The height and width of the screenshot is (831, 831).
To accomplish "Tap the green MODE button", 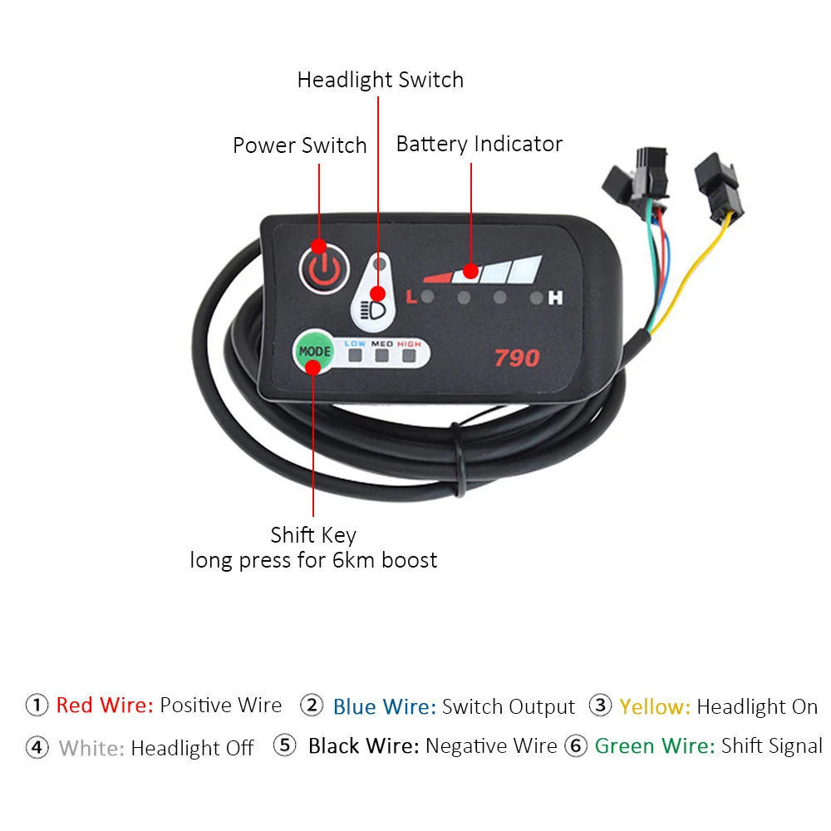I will pyautogui.click(x=313, y=352).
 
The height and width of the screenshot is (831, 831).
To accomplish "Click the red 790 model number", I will pyautogui.click(x=517, y=359).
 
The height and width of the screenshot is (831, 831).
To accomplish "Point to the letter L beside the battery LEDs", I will pyautogui.click(x=411, y=296).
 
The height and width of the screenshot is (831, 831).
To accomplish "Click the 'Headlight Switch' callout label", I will pyautogui.click(x=380, y=80).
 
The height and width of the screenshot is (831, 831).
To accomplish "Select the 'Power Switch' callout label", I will pyautogui.click(x=299, y=145).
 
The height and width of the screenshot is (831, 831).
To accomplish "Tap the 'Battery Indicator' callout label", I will pyautogui.click(x=479, y=144).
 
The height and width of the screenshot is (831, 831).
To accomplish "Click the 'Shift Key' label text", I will pyautogui.click(x=313, y=534).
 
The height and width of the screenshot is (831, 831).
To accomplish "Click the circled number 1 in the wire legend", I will pyautogui.click(x=37, y=706).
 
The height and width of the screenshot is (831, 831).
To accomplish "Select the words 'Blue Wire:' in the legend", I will pyautogui.click(x=384, y=707).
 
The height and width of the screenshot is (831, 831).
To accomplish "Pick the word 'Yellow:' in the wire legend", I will pyautogui.click(x=655, y=707).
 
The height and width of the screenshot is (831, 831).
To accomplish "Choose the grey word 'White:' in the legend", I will pyautogui.click(x=91, y=748).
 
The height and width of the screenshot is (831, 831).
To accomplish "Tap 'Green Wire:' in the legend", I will pyautogui.click(x=655, y=746).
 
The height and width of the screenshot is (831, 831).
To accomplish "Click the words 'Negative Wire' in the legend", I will pyautogui.click(x=490, y=746).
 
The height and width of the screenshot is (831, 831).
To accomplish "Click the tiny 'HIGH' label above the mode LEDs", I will pyautogui.click(x=409, y=343).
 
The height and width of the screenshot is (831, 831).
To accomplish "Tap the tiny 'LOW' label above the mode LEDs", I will pyautogui.click(x=355, y=343).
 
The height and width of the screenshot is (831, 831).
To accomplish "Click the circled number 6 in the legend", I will pyautogui.click(x=576, y=746).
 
